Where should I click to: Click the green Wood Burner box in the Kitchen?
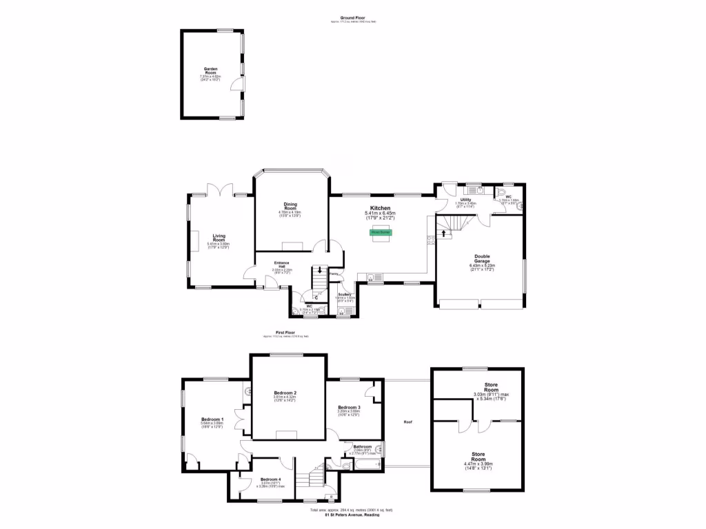click(381, 233)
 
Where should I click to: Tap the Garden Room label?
click(210, 71)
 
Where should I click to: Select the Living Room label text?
click(219, 237)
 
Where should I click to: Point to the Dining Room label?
click(290, 205)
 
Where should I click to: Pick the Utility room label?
click(466, 200)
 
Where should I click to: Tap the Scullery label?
click(345, 294)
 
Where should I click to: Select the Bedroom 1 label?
click(212, 419)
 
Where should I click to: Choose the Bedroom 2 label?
click(285, 393)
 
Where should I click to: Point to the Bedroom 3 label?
click(350, 407)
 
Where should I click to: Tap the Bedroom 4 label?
click(270, 479)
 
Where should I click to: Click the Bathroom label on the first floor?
click(362, 446)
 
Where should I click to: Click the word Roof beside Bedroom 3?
click(408, 422)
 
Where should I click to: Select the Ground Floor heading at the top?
click(352, 17)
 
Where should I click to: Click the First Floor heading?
click(285, 332)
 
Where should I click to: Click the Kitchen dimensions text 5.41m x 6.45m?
click(381, 214)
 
